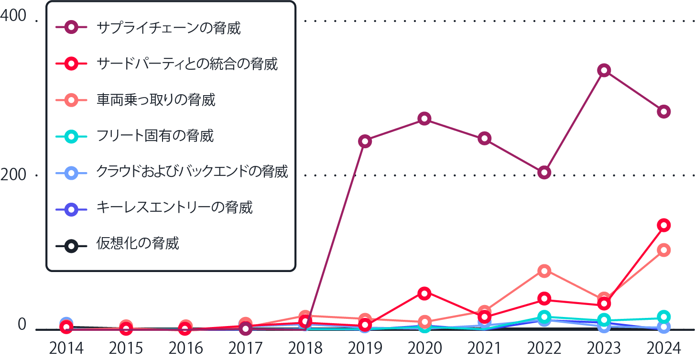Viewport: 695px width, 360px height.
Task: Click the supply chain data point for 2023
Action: pos(604,71)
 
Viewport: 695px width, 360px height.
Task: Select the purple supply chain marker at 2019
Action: pos(365,141)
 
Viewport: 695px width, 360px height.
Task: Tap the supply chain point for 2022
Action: pos(544,172)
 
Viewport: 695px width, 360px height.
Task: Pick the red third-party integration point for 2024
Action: pos(663,225)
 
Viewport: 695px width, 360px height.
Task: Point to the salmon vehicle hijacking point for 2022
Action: pos(544,271)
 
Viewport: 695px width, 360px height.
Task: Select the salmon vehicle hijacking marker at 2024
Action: pos(663,250)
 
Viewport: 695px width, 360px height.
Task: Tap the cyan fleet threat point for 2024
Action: pos(663,316)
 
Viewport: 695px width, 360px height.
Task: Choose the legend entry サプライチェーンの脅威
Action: pos(168,28)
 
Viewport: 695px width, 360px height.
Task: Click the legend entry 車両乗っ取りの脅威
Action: pos(156,100)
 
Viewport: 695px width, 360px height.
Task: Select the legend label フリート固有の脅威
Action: pos(155,136)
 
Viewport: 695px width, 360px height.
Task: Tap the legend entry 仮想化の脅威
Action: pos(138,243)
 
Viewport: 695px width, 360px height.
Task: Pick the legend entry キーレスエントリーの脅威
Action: pos(174,207)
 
